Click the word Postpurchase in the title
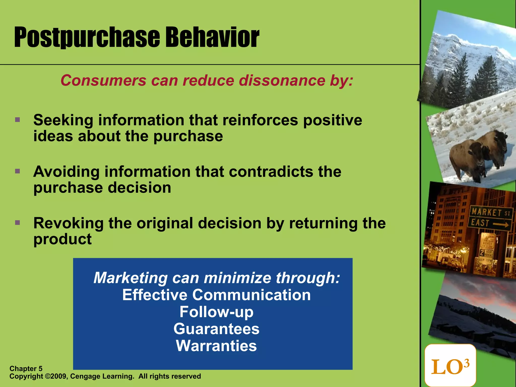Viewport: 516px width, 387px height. click(87, 38)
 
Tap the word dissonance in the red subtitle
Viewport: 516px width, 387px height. click(282, 81)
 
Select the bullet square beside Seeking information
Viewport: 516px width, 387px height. click(17, 119)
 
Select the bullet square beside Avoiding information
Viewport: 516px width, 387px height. click(17, 172)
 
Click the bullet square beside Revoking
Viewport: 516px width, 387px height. click(17, 223)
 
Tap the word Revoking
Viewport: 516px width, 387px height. click(68, 223)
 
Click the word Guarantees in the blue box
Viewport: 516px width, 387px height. click(216, 329)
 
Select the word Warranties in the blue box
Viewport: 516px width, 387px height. click(216, 346)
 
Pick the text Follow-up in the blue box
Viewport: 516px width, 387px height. click(216, 312)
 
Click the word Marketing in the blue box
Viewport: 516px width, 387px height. click(130, 278)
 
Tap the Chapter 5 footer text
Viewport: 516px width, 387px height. click(26, 369)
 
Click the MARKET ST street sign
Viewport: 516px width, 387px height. click(490, 213)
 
